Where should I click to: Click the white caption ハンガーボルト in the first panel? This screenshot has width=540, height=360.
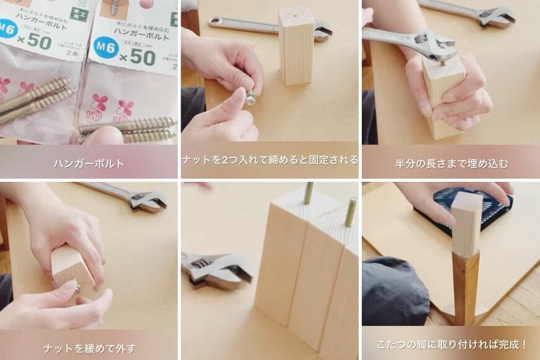tap(89, 164)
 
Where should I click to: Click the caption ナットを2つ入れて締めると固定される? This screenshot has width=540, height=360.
tap(270, 160)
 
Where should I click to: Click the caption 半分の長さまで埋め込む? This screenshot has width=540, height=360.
tap(451, 164)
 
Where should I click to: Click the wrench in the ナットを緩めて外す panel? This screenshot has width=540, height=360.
tap(133, 197)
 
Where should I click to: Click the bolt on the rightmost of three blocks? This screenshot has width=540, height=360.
tap(351, 211)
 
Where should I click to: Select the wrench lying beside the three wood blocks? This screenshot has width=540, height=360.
tap(214, 270)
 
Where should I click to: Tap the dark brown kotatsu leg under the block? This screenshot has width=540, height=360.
tap(466, 286)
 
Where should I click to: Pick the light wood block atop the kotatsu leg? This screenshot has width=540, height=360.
tap(467, 223)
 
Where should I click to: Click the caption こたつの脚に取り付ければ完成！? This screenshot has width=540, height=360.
tap(451, 344)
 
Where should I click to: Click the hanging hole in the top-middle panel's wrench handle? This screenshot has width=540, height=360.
tap(215, 22)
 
